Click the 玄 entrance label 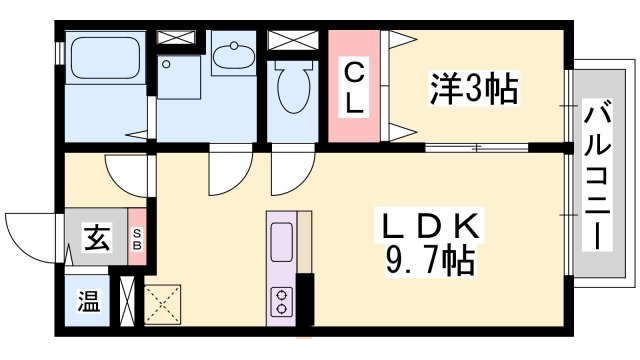pyautogui.click(x=96, y=239)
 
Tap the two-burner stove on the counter pyautogui.click(x=282, y=299)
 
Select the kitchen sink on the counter pyautogui.click(x=281, y=243)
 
